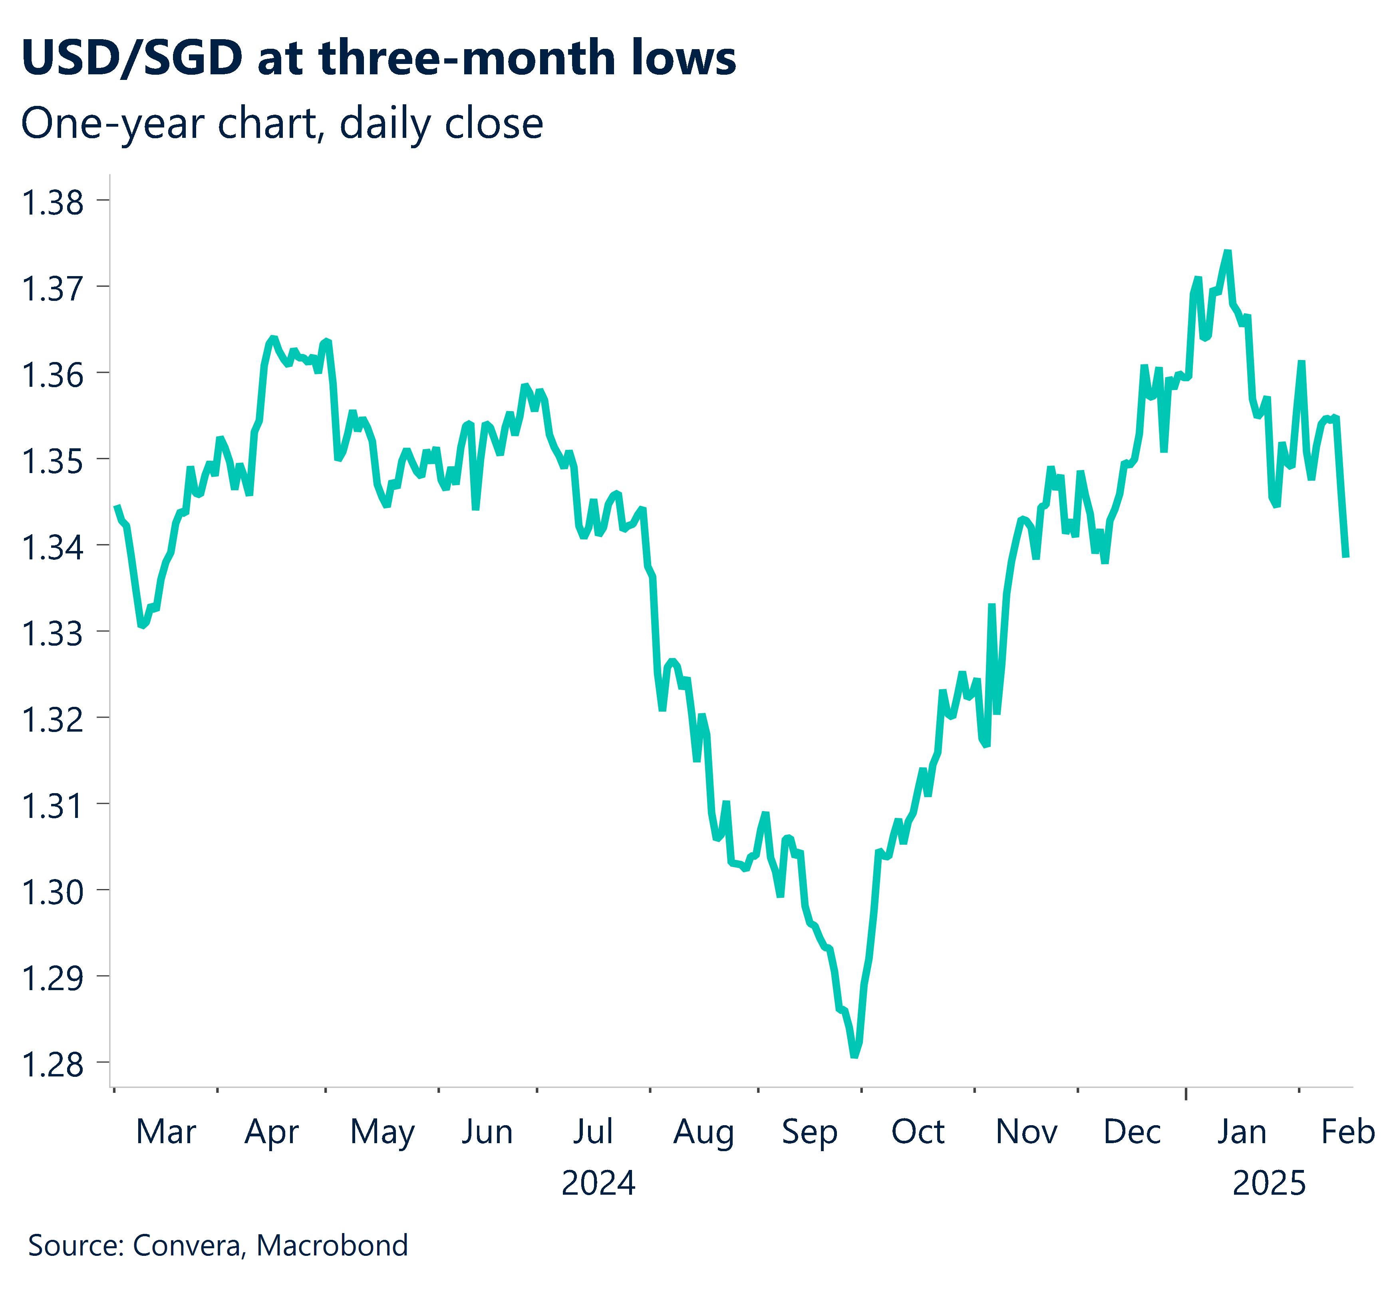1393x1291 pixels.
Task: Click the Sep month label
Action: [809, 1132]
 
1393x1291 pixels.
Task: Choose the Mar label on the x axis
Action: [165, 1132]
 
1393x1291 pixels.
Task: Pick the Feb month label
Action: [1347, 1132]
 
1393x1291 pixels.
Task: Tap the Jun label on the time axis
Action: [487, 1132]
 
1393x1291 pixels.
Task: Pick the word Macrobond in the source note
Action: [332, 1245]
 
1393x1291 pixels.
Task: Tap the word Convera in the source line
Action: [188, 1245]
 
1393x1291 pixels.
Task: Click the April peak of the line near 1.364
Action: [272, 338]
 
